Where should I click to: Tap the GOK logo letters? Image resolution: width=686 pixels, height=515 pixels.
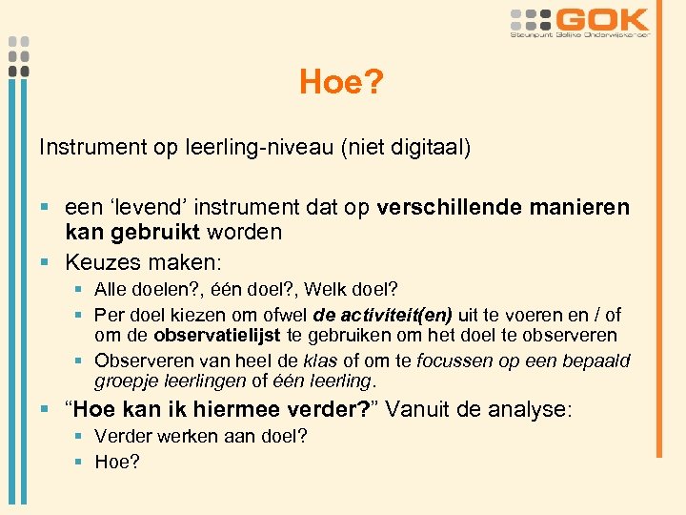(603, 19)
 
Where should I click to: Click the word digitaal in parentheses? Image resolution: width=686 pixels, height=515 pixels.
(427, 148)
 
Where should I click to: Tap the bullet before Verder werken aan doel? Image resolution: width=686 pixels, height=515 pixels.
(82, 438)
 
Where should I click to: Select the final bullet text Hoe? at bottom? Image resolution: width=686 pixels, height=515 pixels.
(117, 463)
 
